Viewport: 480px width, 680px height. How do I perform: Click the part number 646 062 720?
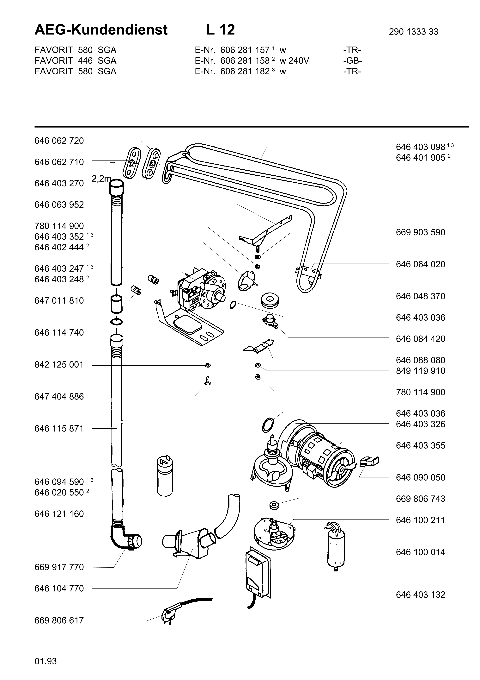59,141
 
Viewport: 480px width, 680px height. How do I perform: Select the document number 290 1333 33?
413,32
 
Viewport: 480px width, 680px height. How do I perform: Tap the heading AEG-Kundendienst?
101,30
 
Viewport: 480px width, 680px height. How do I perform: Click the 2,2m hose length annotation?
101,179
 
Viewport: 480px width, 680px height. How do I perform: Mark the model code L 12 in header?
221,30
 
